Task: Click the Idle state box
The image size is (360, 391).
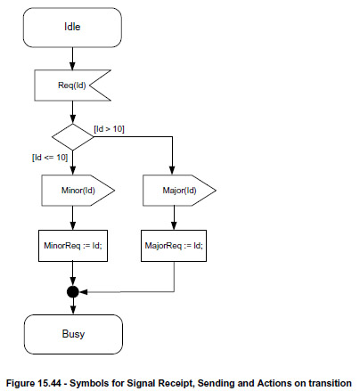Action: [72, 28]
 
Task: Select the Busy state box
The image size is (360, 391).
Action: [73, 334]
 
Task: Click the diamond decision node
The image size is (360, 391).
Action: [72, 137]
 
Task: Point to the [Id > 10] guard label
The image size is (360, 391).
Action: [109, 129]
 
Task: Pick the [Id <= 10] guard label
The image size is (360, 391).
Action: [50, 157]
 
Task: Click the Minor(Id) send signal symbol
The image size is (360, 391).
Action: [78, 191]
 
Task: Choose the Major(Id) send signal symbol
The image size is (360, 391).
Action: [179, 191]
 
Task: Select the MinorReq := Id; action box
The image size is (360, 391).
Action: [73, 246]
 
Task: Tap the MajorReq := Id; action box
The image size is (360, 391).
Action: [174, 246]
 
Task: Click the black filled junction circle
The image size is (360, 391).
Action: [73, 292]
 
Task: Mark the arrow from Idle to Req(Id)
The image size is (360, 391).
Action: [72, 59]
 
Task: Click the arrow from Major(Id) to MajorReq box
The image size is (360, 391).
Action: [174, 217]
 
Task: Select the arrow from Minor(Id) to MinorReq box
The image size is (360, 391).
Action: [73, 217]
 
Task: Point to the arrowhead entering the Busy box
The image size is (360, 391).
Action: [73, 310]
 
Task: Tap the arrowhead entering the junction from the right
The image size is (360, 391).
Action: [83, 292]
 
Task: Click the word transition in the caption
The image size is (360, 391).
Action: [330, 383]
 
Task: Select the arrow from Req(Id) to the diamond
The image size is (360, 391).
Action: [72, 112]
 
